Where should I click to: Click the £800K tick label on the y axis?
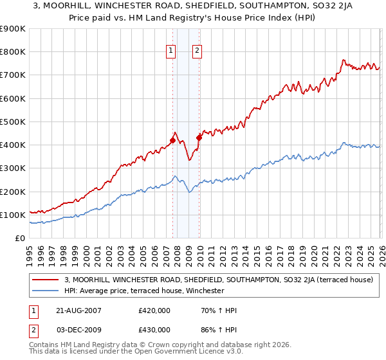(13, 52)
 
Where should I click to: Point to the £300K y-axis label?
(13, 168)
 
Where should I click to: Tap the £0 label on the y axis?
(19, 239)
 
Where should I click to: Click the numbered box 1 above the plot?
(171, 51)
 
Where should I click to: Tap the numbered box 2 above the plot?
(197, 51)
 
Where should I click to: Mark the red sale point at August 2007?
(172, 140)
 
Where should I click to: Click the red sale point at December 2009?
(199, 138)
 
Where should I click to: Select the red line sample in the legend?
(46, 280)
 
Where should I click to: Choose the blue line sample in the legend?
(46, 291)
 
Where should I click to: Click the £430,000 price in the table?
(154, 329)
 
